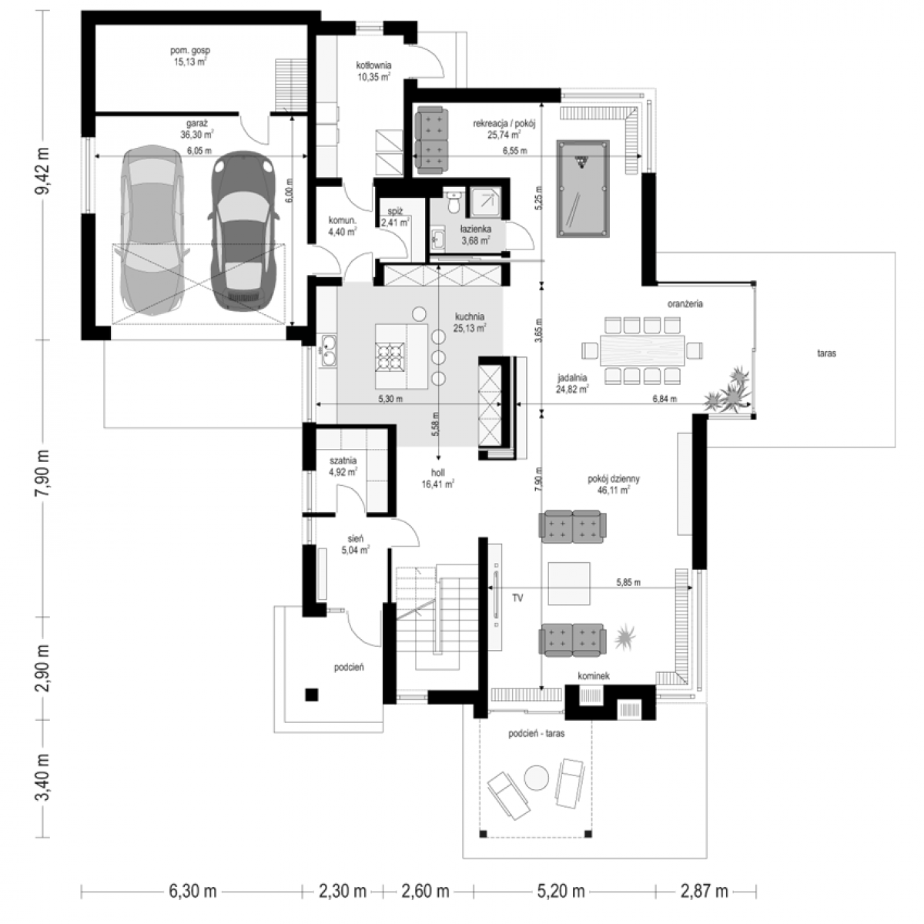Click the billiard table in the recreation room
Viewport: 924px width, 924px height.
click(x=583, y=189)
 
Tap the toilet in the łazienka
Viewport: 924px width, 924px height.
click(x=453, y=203)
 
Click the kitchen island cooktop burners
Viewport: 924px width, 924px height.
click(x=390, y=357)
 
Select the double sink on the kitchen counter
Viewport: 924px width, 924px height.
click(x=329, y=350)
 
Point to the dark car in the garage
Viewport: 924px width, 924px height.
click(x=243, y=232)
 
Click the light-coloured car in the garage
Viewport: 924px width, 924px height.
click(x=152, y=230)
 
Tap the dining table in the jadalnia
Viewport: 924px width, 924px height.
click(x=642, y=350)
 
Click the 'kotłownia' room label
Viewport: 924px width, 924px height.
click(x=373, y=65)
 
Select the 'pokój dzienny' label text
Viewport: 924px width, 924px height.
click(x=613, y=478)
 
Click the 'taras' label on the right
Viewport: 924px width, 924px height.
click(x=826, y=353)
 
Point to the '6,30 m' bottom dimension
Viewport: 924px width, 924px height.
click(x=192, y=891)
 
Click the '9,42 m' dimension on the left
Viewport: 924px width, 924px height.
click(x=42, y=171)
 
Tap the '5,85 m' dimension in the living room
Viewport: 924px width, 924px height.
click(x=628, y=583)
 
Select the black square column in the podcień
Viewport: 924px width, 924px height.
click(x=312, y=695)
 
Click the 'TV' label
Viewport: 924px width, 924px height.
click(x=517, y=598)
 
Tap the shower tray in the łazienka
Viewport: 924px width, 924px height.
click(x=486, y=203)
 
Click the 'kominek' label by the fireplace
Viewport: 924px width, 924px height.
click(x=594, y=676)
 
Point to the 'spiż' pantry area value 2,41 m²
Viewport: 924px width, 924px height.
click(x=395, y=223)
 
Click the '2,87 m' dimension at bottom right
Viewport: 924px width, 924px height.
click(x=704, y=891)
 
